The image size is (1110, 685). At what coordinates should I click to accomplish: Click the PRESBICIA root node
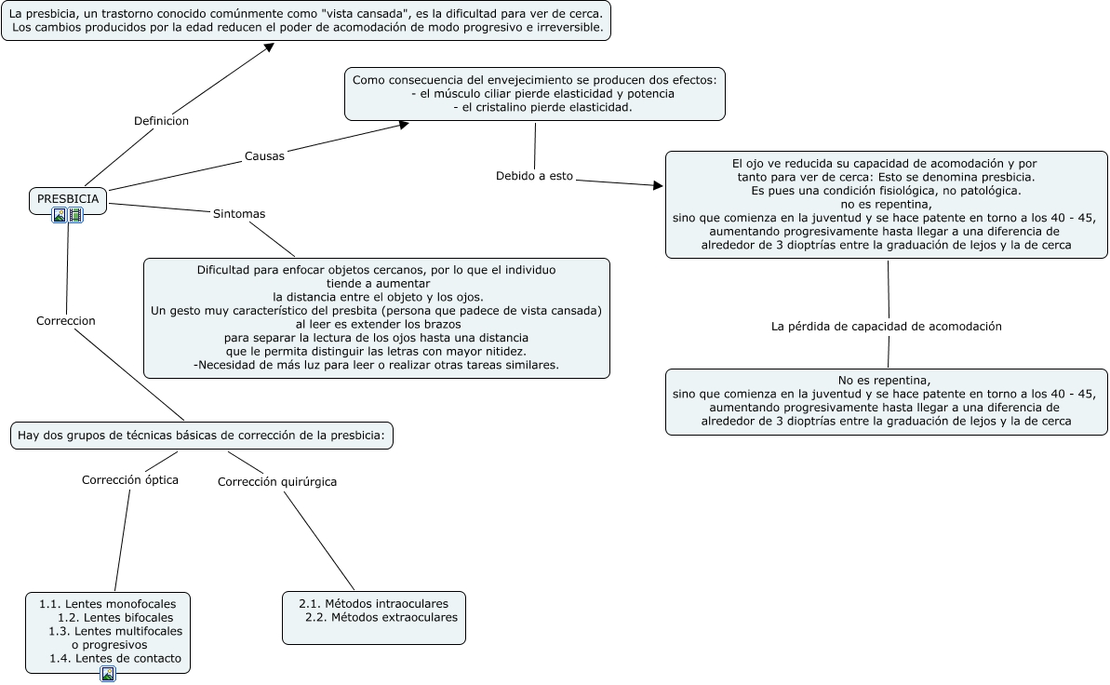(x=68, y=198)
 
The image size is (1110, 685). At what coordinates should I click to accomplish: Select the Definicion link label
(x=161, y=121)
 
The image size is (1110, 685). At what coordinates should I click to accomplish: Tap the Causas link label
(x=264, y=155)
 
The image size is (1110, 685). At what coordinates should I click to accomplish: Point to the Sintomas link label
(x=239, y=214)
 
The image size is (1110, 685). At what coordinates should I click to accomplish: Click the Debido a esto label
(x=534, y=175)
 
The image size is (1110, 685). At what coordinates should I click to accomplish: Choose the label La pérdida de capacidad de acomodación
(x=886, y=327)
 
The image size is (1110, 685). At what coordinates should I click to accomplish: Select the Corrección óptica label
(x=130, y=480)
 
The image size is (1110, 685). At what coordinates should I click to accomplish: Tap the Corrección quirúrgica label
(x=277, y=481)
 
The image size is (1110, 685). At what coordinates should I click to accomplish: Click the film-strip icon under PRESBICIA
(x=76, y=215)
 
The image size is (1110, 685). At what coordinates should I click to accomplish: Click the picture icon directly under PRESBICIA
(x=60, y=215)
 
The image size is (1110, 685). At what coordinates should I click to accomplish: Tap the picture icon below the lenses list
(x=108, y=674)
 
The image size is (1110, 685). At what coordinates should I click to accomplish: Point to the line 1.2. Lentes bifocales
(x=115, y=617)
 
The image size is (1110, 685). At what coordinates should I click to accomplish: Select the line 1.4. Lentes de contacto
(x=115, y=659)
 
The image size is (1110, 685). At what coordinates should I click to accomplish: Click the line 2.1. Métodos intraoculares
(x=373, y=603)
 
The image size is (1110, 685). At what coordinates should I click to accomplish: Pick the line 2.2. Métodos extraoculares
(x=381, y=617)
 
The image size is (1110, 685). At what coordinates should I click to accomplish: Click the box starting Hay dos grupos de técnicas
(x=201, y=435)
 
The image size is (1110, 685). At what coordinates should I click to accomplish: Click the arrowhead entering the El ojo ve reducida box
(x=658, y=186)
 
